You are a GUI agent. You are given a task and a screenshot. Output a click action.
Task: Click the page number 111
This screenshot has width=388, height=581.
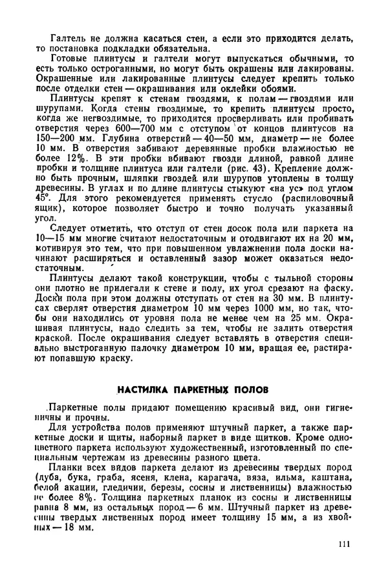click(343, 544)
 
